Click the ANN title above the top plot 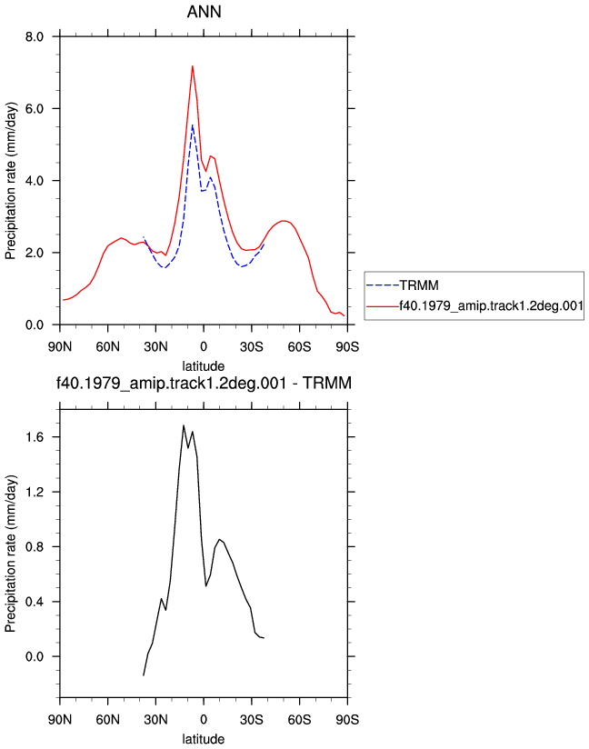(x=204, y=12)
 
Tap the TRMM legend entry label (x=419, y=285)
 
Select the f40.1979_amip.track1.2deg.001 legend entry (x=491, y=305)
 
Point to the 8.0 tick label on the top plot (x=35, y=36)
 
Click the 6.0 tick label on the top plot (x=35, y=109)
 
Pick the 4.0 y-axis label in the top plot (x=35, y=181)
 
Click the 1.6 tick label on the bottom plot (x=35, y=437)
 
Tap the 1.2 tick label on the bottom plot (x=35, y=492)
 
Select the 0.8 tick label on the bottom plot (x=35, y=547)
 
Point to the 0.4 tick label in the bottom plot (x=35, y=602)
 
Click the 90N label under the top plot (x=60, y=347)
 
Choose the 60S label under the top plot (x=300, y=347)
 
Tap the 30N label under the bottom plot (x=155, y=720)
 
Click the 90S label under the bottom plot (x=347, y=720)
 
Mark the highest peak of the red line (x=193, y=66)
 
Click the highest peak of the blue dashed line (x=193, y=125)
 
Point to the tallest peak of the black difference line (x=184, y=425)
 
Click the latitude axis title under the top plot (x=204, y=366)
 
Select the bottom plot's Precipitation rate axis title (x=11, y=554)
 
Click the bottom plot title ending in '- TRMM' (x=204, y=383)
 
